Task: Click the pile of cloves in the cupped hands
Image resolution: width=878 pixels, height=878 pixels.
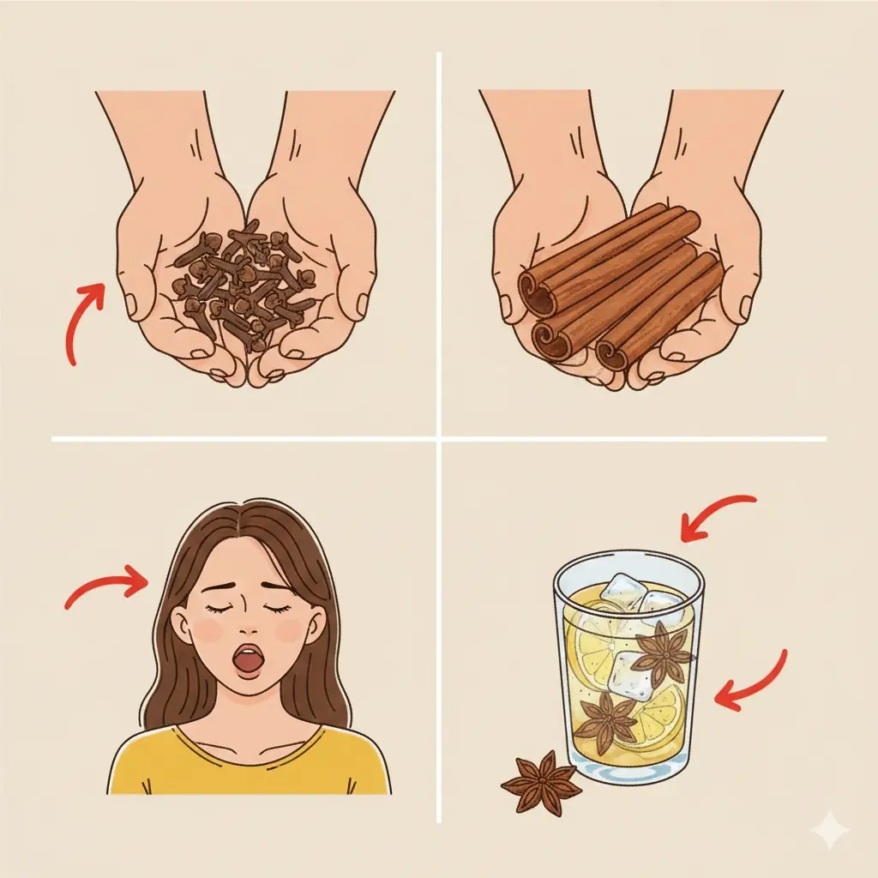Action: coord(244,279)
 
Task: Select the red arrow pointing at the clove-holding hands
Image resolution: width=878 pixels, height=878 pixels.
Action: coord(86,322)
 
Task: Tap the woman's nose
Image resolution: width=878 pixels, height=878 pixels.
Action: coord(249,626)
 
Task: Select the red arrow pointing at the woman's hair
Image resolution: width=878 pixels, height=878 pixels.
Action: coord(107,587)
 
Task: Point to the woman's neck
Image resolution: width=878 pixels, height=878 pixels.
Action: coord(249,716)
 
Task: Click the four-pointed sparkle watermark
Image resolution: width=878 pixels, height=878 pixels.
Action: coord(830,830)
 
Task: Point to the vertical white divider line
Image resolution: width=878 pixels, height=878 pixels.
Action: coord(439,257)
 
